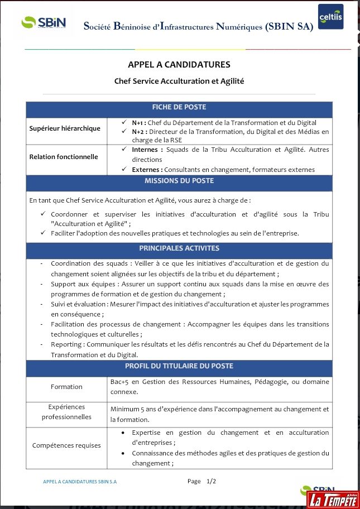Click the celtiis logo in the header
coord(330,17)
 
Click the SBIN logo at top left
coord(44,23)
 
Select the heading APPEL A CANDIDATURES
coord(179,65)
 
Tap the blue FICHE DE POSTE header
coord(179,107)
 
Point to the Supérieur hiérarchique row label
coord(65,128)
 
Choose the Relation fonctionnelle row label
coord(64,157)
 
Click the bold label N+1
coord(138,123)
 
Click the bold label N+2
coord(138,132)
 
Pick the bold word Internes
coord(147,150)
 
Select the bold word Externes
coord(147,170)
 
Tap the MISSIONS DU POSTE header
coord(179,181)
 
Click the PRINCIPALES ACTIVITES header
coord(179,248)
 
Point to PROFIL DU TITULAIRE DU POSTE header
coord(179,366)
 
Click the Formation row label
coord(66,387)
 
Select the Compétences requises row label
coord(66,445)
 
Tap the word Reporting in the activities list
coord(66,345)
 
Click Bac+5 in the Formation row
coord(120,382)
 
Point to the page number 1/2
coord(211,481)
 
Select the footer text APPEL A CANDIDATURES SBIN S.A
coord(80,481)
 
